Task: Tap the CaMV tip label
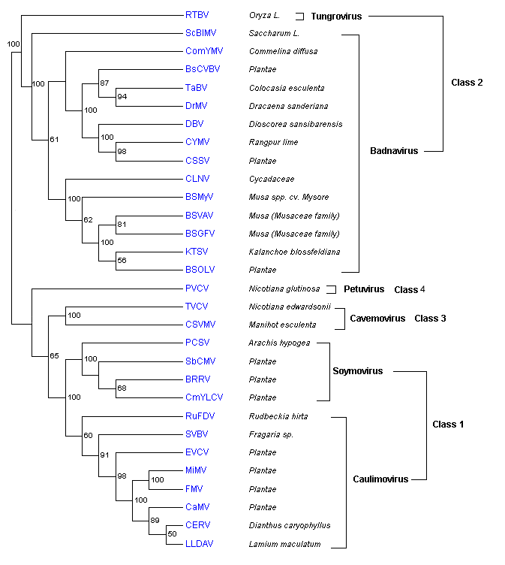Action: point(197,507)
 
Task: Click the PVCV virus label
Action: point(197,289)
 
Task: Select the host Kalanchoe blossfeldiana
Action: point(294,252)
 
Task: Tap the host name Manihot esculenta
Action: point(282,325)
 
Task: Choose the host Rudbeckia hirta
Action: point(278,416)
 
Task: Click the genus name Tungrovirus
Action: point(336,16)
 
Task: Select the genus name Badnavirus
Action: point(394,151)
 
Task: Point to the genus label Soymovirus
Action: point(357,371)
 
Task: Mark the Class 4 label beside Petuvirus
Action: point(409,289)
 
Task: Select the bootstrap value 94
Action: point(122,97)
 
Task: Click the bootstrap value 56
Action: point(122,261)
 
